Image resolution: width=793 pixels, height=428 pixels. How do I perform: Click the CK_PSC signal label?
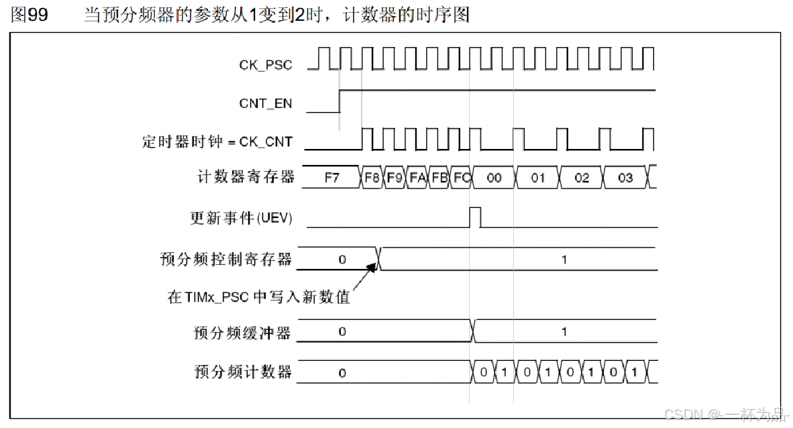point(266,65)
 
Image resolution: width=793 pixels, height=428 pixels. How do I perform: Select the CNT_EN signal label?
point(265,104)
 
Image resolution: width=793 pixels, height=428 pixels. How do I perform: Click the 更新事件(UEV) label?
point(241,218)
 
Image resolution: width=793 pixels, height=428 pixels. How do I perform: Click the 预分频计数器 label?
point(243,372)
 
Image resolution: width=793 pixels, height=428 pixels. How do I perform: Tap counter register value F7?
point(332,178)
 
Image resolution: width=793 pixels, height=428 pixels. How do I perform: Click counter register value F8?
point(372,178)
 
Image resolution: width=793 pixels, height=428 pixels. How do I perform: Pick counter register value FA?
point(417,178)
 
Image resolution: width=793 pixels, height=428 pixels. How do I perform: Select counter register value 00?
point(494,178)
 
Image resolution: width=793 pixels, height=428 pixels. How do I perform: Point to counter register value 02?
point(582,178)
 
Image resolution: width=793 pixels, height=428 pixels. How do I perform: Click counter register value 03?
point(625,178)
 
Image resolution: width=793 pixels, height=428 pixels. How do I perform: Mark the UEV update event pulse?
point(475,217)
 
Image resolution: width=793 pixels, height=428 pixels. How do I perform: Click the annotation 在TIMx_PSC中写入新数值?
point(259,297)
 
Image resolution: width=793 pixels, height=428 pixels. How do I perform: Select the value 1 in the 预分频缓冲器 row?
point(564,331)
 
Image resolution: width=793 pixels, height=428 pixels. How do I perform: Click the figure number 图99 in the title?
point(30,15)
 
